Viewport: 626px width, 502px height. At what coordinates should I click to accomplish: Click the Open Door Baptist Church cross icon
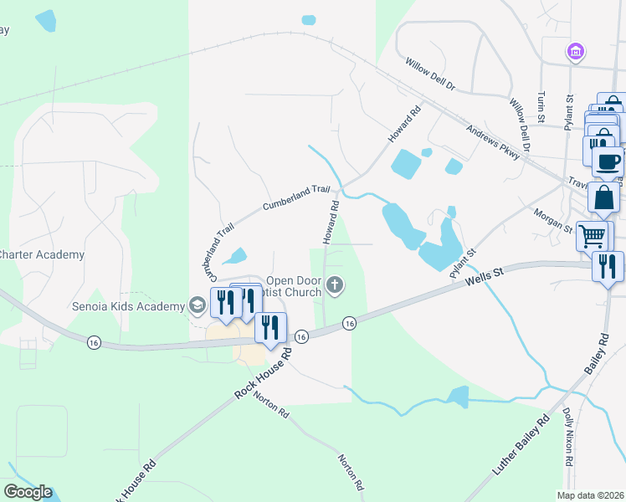click(335, 287)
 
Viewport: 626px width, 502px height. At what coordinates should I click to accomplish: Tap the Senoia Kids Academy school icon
click(198, 305)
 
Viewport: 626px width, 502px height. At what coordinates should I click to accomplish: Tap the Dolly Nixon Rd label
click(568, 436)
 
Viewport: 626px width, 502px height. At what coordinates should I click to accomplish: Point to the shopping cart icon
click(593, 237)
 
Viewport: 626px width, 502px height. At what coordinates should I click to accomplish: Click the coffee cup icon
click(607, 161)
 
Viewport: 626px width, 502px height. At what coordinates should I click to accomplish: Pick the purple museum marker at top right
click(574, 52)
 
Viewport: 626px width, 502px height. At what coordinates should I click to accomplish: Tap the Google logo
click(28, 492)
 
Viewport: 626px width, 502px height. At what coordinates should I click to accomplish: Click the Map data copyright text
click(592, 495)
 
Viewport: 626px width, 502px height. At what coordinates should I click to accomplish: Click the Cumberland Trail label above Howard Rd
click(297, 197)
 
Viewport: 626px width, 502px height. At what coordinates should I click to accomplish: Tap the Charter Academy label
click(42, 254)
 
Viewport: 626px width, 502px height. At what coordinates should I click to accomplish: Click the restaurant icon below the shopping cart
click(608, 267)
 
